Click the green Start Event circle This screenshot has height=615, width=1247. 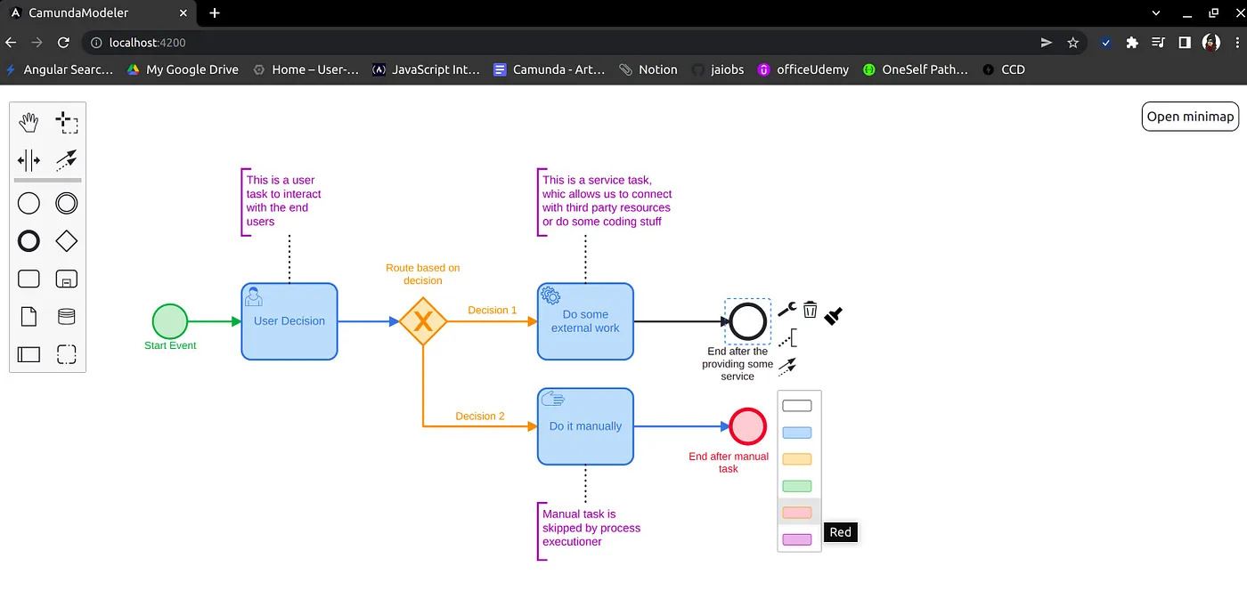point(170,320)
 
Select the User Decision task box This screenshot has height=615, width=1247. point(289,321)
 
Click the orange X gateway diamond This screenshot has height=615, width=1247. point(423,321)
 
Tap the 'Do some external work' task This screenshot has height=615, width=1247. point(586,321)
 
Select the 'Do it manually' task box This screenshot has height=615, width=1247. point(586,426)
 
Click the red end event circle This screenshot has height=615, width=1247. point(747,426)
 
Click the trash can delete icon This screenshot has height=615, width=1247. point(810,310)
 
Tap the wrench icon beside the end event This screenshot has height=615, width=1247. point(787,309)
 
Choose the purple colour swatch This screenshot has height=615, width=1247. point(796,539)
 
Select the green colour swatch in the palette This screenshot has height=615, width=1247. point(796,486)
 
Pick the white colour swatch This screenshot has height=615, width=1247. point(796,406)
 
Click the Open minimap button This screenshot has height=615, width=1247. point(1190,117)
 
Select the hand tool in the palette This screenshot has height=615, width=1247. point(29,122)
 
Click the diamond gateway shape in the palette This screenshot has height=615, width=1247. point(66,241)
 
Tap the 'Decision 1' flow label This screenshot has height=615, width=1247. point(492,311)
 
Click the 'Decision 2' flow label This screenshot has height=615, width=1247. point(480,417)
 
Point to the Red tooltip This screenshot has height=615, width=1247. point(840,532)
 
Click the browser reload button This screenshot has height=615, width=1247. point(63,43)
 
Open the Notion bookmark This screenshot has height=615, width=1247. point(648,69)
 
